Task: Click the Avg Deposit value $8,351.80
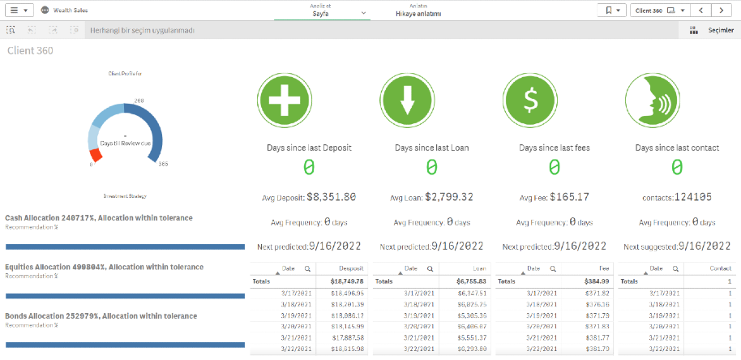[330, 197]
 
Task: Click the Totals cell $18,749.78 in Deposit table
[347, 281]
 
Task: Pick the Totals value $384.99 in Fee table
[598, 281]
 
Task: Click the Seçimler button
[713, 30]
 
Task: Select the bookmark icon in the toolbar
[614, 11]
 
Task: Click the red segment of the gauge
[95, 154]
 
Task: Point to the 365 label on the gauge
[163, 165]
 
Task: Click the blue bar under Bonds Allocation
[125, 345]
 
